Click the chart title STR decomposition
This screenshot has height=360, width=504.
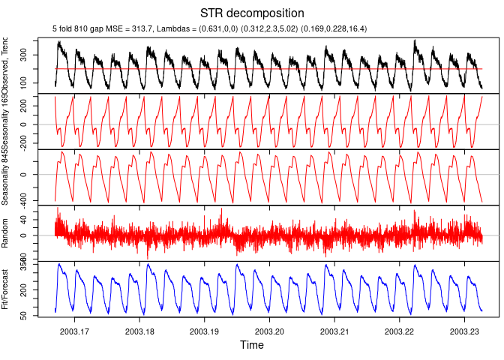click(252, 13)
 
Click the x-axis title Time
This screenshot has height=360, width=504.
click(252, 345)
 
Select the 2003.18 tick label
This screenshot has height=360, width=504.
click(140, 331)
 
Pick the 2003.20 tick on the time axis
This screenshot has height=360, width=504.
click(270, 331)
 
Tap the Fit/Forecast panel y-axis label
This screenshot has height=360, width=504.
click(6, 289)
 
